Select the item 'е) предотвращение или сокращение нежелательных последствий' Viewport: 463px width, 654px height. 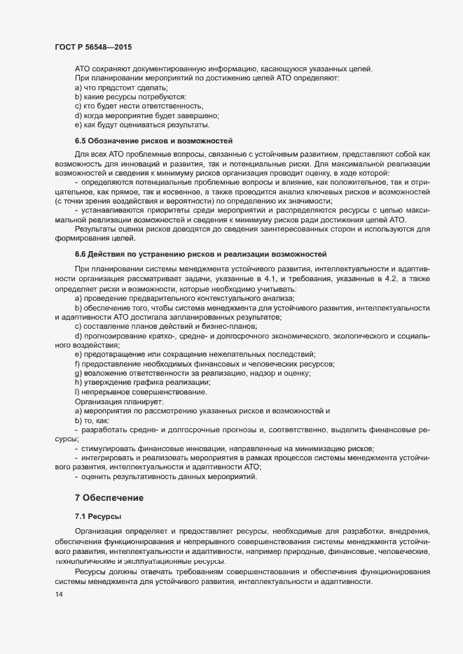(195, 355)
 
